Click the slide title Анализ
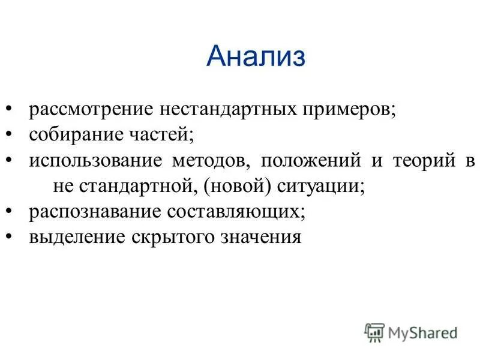[256, 57]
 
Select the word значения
[262, 237]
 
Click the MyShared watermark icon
[374, 331]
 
